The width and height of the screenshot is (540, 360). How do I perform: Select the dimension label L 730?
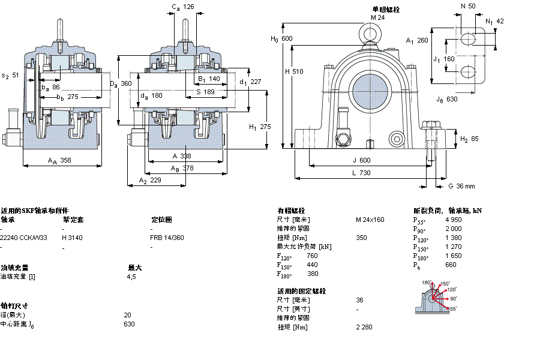[361, 173]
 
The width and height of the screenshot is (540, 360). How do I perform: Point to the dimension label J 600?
[361, 160]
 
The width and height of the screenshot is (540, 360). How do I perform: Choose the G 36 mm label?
[461, 186]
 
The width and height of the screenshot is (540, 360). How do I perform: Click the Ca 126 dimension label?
[183, 7]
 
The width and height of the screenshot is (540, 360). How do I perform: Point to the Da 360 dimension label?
[120, 83]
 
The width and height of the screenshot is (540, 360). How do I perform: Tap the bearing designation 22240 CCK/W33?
[23, 238]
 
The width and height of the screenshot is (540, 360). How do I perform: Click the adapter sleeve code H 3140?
[72, 238]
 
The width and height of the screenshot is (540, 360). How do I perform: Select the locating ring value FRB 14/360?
[167, 238]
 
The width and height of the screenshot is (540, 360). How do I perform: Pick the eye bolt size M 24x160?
[370, 220]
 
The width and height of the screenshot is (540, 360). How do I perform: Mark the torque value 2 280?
[365, 327]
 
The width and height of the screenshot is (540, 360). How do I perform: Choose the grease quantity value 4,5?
[131, 277]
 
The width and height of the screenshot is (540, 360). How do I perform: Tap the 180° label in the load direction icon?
[427, 283]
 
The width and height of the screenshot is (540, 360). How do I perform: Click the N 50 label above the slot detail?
[467, 6]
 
